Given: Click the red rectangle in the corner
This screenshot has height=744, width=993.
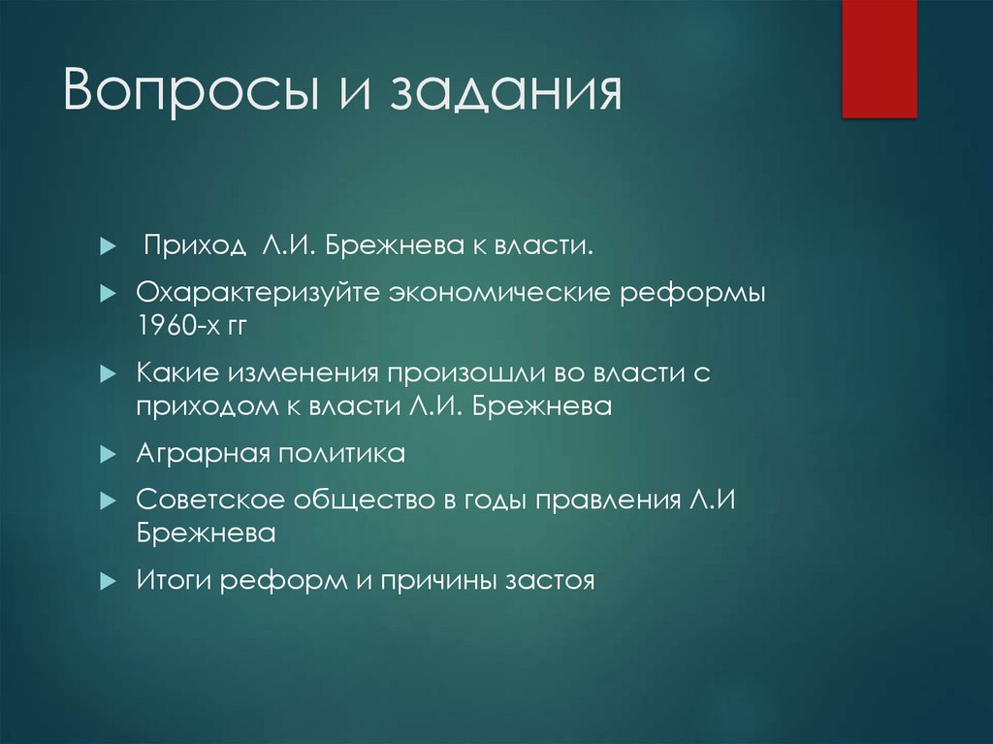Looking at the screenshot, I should click(x=879, y=58).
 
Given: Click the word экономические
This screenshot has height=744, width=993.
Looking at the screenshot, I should click(x=500, y=293).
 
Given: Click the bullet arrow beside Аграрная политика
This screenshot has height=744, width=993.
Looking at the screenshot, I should click(x=108, y=455).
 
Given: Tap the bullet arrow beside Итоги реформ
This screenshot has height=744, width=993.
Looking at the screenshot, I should click(x=108, y=581).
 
